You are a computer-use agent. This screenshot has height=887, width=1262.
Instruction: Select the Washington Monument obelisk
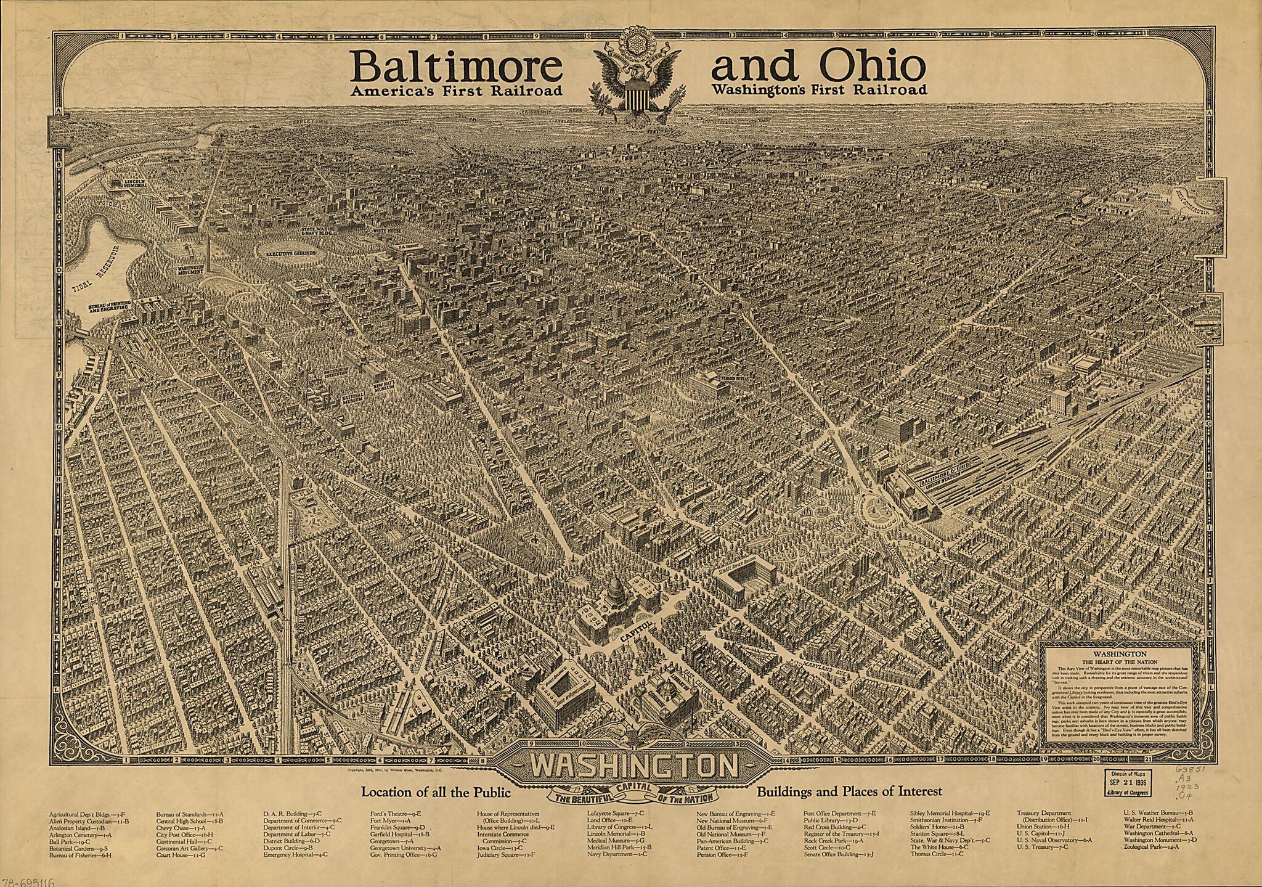208,253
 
